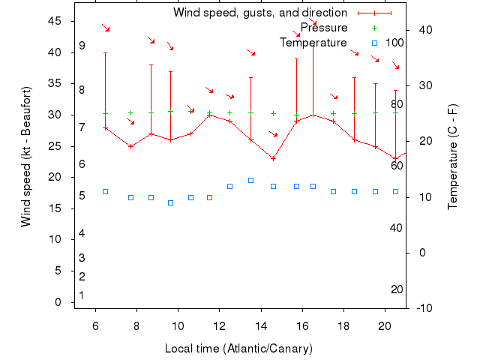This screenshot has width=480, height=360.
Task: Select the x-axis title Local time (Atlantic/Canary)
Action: click(x=238, y=349)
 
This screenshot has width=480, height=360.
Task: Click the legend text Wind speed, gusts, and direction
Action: click(x=260, y=13)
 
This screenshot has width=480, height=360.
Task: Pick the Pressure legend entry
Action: click(x=324, y=28)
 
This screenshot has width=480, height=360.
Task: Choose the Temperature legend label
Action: click(x=313, y=43)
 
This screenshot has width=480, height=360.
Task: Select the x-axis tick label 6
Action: click(x=95, y=326)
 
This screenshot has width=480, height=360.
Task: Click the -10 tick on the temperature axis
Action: click(x=424, y=308)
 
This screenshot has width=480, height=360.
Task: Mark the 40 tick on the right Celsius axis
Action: click(x=425, y=30)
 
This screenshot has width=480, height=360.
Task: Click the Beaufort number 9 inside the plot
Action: click(x=82, y=46)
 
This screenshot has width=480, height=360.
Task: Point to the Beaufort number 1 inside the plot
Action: click(x=82, y=295)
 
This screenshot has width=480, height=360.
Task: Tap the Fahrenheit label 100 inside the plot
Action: click(x=394, y=43)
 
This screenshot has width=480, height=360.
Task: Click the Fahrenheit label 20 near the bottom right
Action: click(x=397, y=289)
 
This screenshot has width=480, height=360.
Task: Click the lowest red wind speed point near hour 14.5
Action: click(x=274, y=158)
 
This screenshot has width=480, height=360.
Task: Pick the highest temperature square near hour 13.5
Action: click(x=250, y=180)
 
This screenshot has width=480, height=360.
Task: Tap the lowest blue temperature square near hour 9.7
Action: click(x=171, y=202)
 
